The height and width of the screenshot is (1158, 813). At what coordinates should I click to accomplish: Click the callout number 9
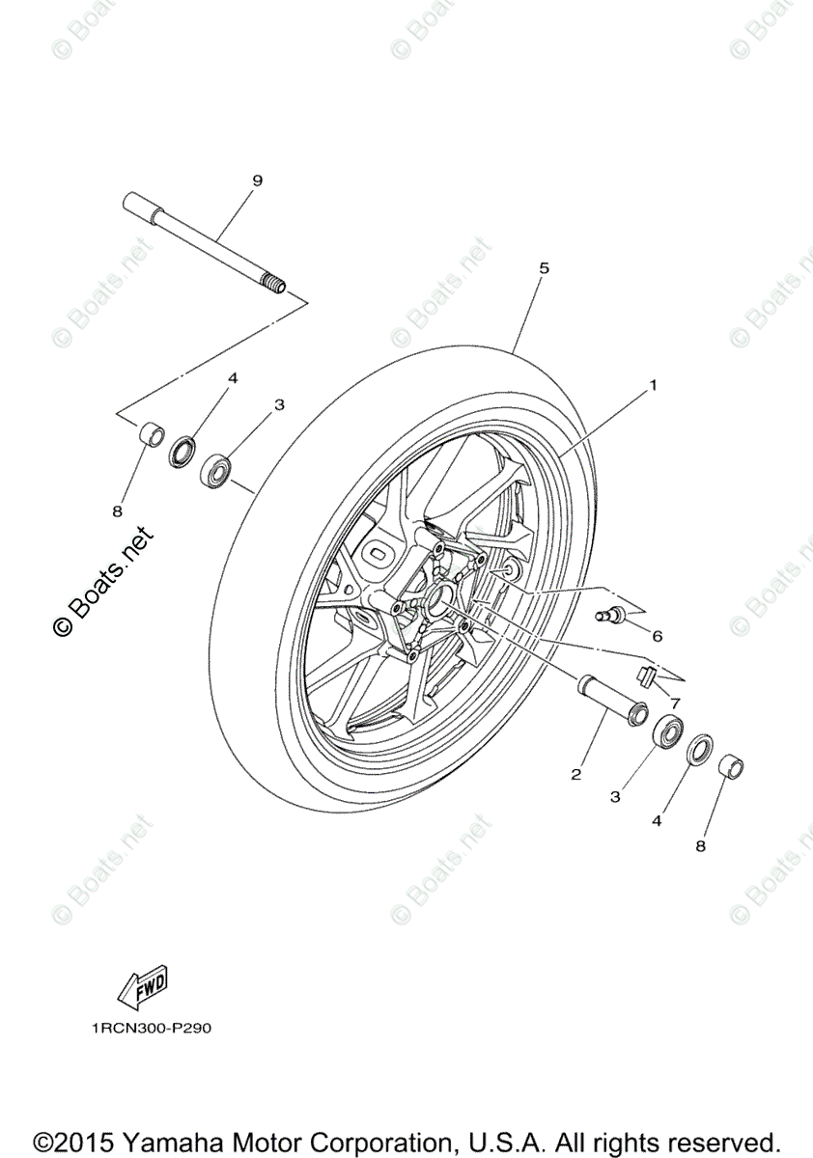(230, 180)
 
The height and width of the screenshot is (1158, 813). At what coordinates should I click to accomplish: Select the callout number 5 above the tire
(544, 268)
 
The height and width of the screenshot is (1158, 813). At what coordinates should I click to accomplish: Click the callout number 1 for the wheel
(654, 385)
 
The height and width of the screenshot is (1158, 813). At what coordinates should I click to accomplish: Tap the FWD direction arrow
(143, 985)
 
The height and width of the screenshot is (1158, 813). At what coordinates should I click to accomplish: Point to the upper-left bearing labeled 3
(217, 472)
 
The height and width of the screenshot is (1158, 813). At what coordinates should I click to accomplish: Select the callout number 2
(576, 774)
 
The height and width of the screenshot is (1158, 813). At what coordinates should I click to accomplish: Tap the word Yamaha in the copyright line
(173, 1138)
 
